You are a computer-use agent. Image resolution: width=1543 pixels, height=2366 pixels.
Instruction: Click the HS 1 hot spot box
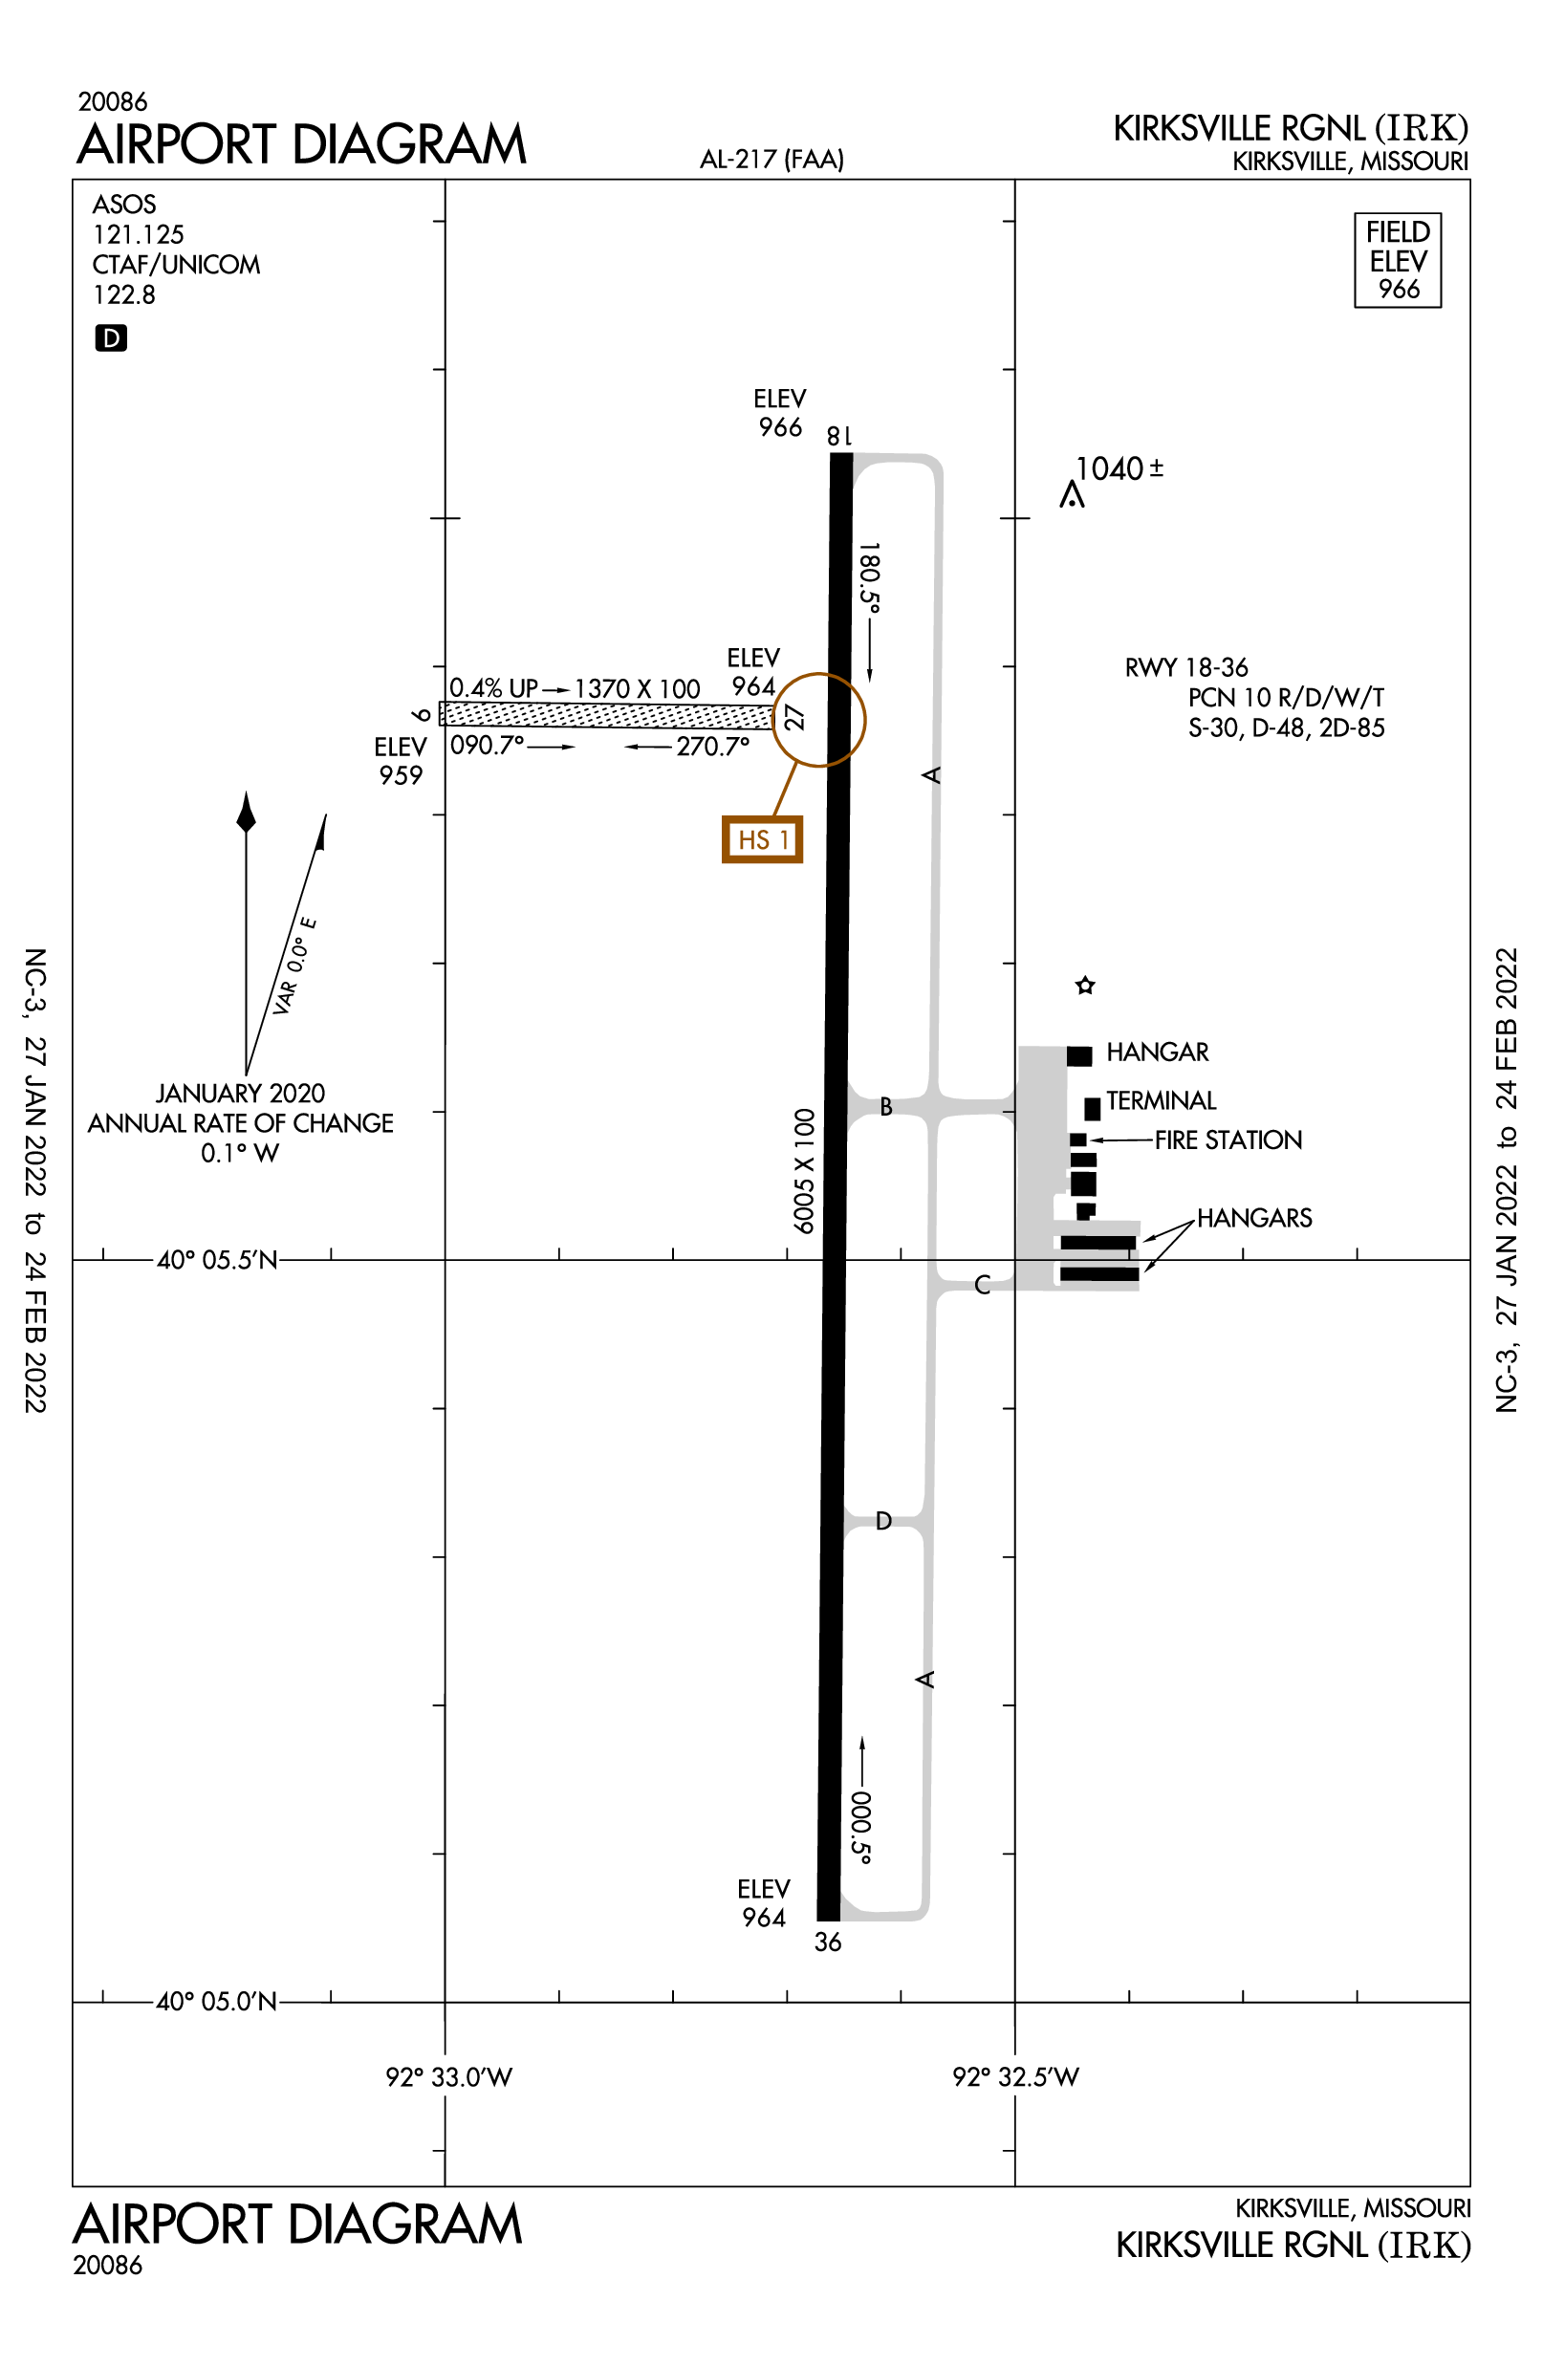tap(762, 840)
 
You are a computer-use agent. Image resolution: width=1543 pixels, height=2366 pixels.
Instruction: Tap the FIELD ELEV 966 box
tap(1397, 260)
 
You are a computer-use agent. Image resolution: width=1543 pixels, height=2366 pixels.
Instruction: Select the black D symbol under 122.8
tap(110, 338)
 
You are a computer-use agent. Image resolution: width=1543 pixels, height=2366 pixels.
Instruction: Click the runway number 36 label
tap(827, 1942)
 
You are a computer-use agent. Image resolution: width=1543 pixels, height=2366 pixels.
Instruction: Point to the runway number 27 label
tap(793, 717)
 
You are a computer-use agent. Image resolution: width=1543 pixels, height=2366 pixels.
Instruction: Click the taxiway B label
tap(885, 1106)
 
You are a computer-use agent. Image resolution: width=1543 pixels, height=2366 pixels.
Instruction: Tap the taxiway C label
tap(981, 1285)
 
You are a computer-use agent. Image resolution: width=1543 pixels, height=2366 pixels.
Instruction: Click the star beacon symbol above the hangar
tap(1085, 986)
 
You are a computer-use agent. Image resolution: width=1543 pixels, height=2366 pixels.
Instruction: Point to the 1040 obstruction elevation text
tap(1119, 468)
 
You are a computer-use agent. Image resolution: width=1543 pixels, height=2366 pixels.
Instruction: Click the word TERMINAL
tap(1161, 1100)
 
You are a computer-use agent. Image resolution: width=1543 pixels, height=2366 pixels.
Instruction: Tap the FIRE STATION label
tap(1228, 1140)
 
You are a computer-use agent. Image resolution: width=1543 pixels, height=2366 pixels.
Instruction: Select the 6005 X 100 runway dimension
tap(803, 1171)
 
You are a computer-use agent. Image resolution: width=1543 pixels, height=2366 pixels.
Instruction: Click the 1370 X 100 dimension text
tap(637, 689)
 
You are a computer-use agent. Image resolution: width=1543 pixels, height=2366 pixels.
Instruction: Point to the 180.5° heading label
tap(868, 577)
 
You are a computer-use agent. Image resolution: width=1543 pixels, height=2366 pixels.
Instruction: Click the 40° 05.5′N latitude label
tap(217, 1261)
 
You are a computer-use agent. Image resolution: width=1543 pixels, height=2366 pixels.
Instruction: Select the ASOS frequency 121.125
tap(139, 234)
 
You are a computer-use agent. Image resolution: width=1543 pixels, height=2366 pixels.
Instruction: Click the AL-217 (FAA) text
tap(771, 159)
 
